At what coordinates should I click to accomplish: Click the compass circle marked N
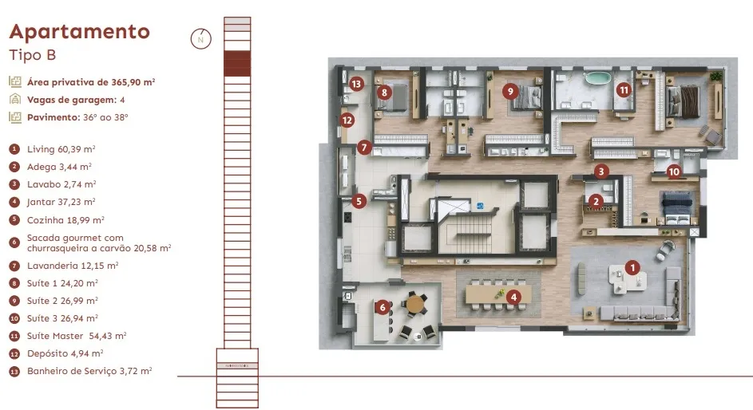click(x=200, y=39)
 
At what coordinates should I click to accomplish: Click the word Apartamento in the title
click(x=80, y=32)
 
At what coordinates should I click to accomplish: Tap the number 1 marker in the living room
click(x=632, y=267)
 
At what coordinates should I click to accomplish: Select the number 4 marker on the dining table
click(x=513, y=298)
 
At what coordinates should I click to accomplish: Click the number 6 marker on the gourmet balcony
click(x=382, y=307)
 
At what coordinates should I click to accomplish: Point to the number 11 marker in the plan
click(x=624, y=89)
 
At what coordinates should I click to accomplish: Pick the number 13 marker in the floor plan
click(x=356, y=85)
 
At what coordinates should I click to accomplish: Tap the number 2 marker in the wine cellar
click(x=596, y=201)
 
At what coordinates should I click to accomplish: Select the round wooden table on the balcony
click(x=415, y=304)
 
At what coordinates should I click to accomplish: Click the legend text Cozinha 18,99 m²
click(x=65, y=220)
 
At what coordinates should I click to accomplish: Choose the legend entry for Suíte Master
click(x=77, y=336)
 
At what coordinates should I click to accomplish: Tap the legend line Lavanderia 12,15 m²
click(x=73, y=266)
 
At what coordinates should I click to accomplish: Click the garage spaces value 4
click(x=122, y=100)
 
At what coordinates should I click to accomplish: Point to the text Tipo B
click(x=33, y=55)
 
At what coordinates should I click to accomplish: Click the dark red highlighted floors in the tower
click(x=237, y=63)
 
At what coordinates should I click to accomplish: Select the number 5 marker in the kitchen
click(x=359, y=201)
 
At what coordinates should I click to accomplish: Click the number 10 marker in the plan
click(x=674, y=171)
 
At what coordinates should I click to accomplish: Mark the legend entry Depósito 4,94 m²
click(x=65, y=354)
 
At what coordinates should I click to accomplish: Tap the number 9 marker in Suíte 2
click(x=510, y=91)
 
